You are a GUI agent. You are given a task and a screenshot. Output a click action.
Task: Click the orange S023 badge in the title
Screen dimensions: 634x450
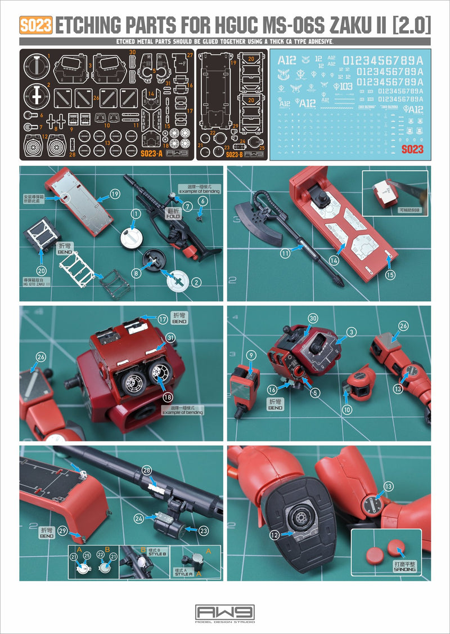pos(35,25)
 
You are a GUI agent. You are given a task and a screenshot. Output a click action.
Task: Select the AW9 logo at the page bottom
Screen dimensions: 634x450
pos(224,611)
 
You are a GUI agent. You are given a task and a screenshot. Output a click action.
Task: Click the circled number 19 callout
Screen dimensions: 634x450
pos(115,194)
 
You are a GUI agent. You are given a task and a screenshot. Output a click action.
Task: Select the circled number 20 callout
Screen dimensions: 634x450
pos(41,270)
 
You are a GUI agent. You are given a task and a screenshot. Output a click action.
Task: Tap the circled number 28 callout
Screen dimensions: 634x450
pos(146,470)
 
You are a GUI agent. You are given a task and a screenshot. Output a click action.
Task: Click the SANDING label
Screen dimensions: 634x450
pos(404,569)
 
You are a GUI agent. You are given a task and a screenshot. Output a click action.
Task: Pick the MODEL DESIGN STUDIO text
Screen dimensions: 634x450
pos(224,622)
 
